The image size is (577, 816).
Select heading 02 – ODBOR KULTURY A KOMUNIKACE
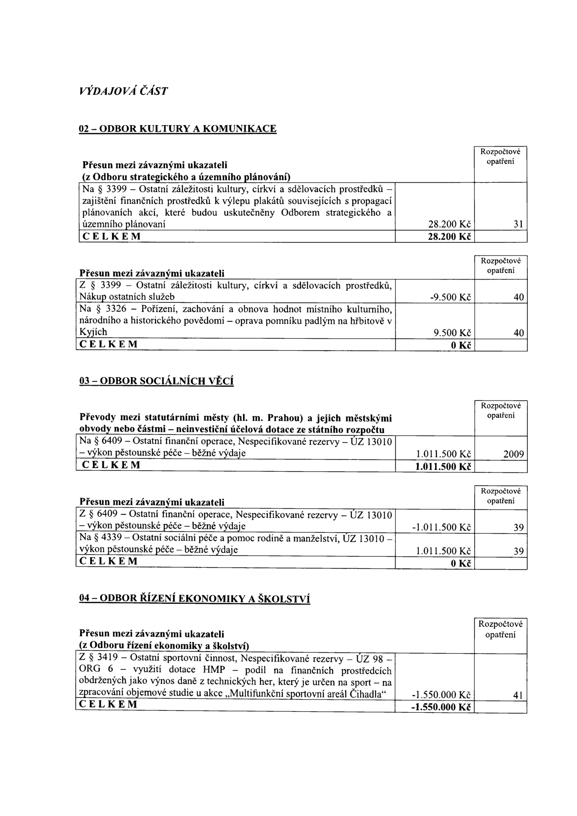click(177, 128)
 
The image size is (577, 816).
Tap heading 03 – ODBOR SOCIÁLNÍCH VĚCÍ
click(155, 381)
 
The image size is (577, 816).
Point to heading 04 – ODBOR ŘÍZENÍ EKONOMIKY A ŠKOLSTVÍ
click(194, 598)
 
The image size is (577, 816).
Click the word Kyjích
click(94, 332)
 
